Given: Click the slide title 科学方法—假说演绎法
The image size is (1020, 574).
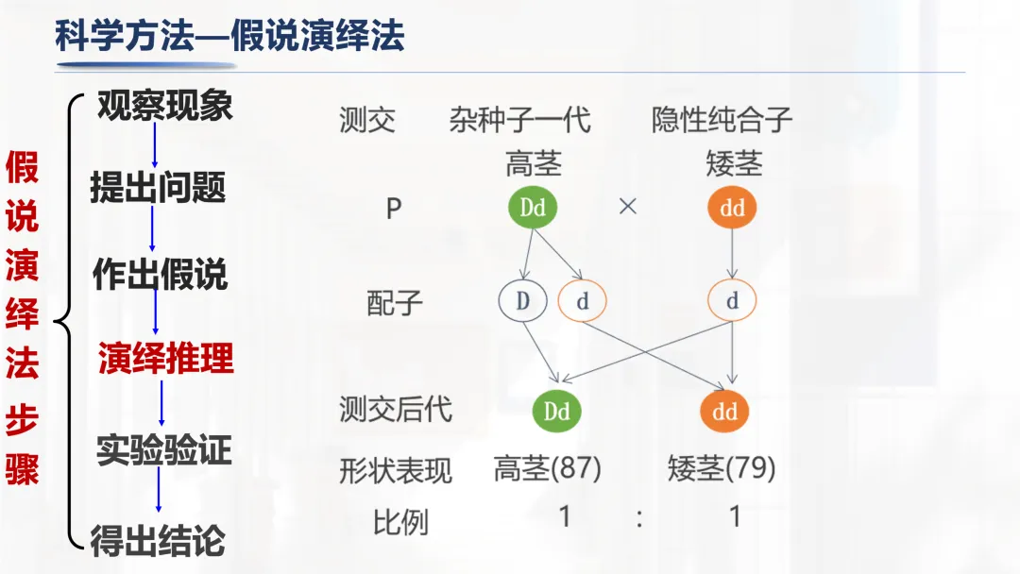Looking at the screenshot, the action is coord(229,37).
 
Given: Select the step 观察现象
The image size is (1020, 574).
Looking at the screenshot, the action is coord(165,106).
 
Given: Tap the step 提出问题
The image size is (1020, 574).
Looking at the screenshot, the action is coord(158,188).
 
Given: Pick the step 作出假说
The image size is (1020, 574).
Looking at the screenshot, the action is coord(161,275).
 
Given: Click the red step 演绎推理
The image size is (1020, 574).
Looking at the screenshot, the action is coord(166,359).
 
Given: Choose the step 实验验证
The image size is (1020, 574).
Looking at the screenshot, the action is coord(163,450).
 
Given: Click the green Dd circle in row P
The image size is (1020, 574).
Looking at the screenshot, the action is coord(533,208).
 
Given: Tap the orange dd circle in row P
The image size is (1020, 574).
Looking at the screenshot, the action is coord(732,209).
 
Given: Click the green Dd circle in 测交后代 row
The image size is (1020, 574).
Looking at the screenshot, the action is coord(557,412).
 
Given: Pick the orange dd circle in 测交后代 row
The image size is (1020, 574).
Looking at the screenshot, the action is coord(724,412).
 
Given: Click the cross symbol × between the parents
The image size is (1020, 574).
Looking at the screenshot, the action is coord(628,207).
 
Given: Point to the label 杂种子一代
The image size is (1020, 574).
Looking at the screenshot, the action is coord(520,120).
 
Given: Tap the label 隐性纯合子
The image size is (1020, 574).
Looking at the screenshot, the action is coord(722,120).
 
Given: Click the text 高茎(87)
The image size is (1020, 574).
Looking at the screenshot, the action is coord(548,468).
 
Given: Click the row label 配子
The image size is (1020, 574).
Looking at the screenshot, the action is coord(395,303).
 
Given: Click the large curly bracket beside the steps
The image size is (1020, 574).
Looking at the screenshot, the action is coord(66,321).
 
